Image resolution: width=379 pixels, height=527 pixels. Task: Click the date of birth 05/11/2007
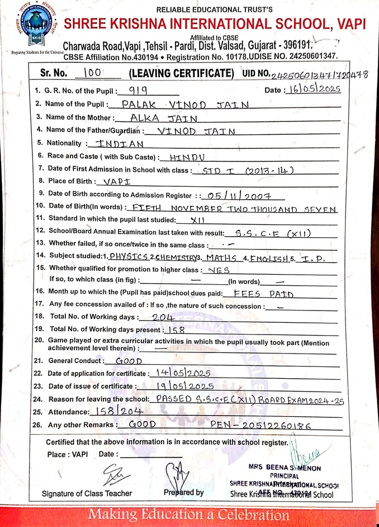pos(239,195)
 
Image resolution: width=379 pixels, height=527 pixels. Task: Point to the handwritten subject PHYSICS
pos(129,257)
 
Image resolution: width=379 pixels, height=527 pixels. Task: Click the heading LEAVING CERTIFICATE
pos(181,73)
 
